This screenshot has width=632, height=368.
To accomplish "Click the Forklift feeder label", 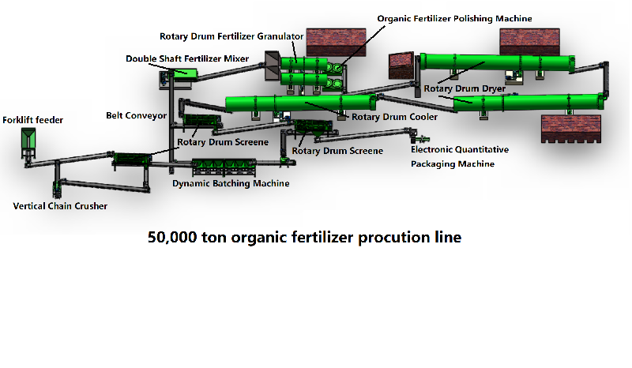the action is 32,120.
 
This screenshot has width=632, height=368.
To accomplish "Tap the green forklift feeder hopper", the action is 28,139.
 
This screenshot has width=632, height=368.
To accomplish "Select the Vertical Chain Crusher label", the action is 60,206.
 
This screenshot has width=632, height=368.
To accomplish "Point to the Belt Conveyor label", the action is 136,115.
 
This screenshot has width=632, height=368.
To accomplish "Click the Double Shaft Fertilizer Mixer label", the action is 187,59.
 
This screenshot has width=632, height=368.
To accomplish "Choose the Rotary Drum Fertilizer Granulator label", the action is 231,36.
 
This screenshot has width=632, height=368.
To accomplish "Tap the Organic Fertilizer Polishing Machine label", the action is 455,18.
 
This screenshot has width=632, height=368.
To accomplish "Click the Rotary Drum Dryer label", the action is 465,88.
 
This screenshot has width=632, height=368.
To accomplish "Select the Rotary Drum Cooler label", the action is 394,117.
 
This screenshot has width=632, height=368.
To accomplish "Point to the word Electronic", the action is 431,149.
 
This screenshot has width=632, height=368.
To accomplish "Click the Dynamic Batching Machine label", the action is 231,183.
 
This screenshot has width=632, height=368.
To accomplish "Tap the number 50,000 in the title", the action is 172,238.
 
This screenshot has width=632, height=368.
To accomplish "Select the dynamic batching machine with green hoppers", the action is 224,167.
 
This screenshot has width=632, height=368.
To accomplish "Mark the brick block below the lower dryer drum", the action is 570,129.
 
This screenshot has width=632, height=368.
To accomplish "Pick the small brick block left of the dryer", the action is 401,66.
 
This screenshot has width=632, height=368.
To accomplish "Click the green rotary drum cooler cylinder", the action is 301,103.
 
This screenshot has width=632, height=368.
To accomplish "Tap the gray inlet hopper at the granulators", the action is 273,66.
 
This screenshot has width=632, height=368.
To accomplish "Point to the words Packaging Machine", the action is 453,164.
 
